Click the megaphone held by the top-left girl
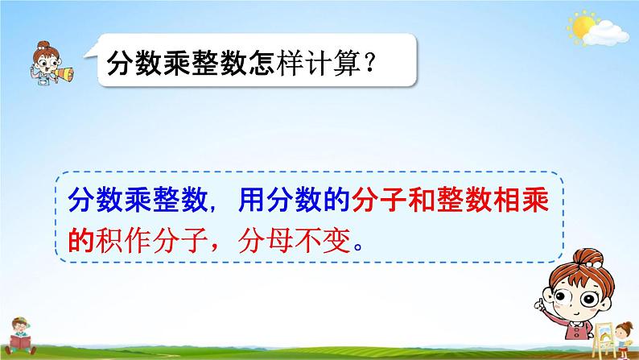point(65,76)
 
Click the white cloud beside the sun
point(609,34)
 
